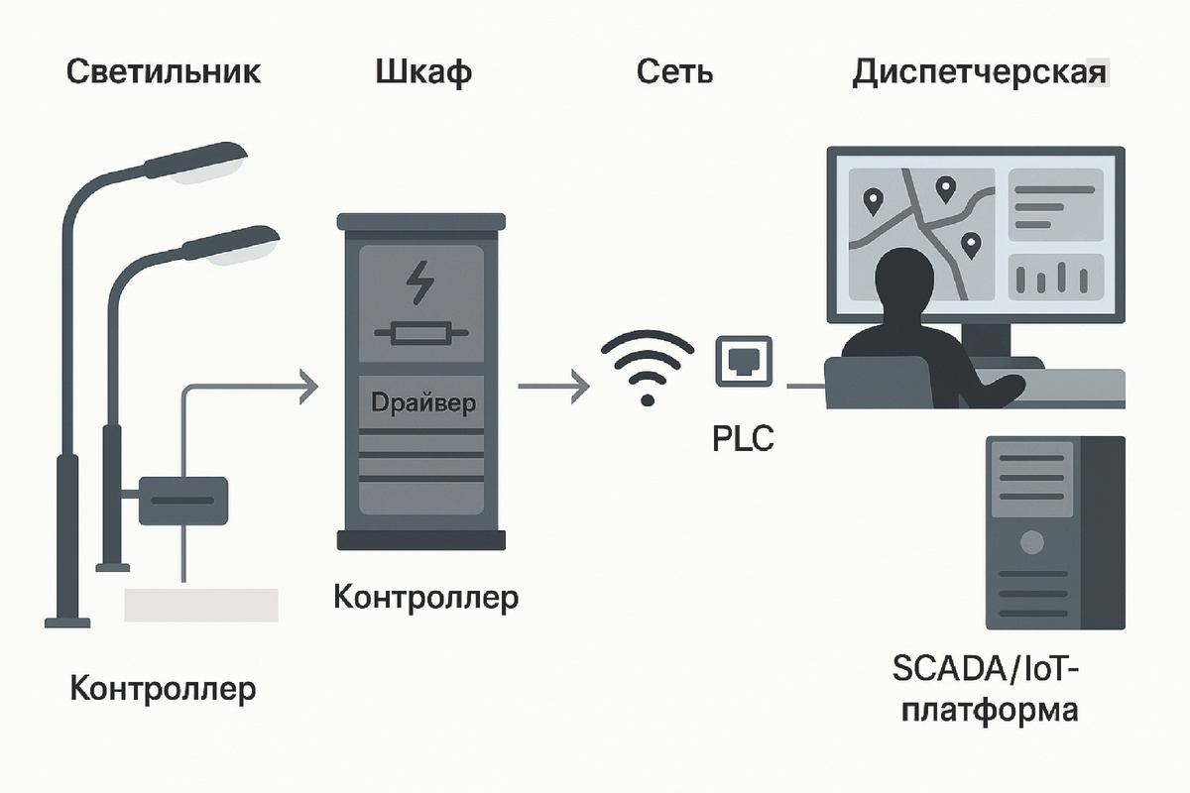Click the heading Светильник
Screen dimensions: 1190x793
point(165,72)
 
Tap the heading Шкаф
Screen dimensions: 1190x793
point(423,72)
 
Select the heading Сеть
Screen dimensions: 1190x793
point(675,72)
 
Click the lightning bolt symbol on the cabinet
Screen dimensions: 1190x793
point(420,283)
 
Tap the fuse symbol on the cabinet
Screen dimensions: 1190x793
point(420,335)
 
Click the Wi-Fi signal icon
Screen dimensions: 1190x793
point(648,367)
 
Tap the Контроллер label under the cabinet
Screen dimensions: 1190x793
point(425,598)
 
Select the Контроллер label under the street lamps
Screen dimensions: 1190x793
point(163,688)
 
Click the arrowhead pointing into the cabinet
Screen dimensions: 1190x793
point(307,386)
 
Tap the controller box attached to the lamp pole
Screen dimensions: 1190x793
point(182,501)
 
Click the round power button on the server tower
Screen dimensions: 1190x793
point(1032,541)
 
